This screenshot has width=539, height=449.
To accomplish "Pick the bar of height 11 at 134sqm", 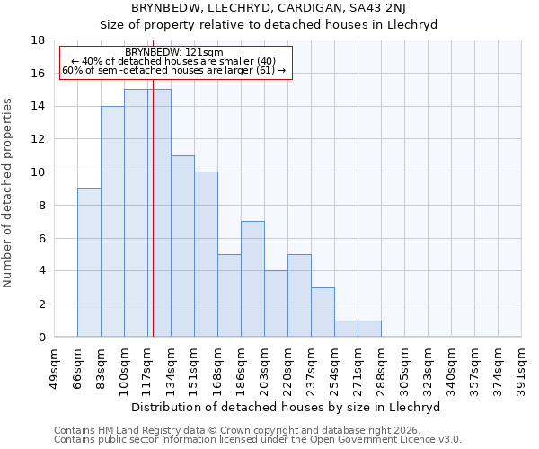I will tap(182, 246).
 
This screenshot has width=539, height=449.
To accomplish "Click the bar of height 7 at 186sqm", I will tap(252, 279).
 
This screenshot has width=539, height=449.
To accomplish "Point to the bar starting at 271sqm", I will tap(369, 329).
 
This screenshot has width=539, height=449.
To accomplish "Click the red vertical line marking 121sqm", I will tap(153, 224).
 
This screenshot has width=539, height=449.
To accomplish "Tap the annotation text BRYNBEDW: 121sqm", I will tap(175, 52).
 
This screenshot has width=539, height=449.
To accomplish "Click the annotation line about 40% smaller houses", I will tap(175, 61).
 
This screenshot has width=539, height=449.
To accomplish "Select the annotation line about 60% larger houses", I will tap(175, 70).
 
